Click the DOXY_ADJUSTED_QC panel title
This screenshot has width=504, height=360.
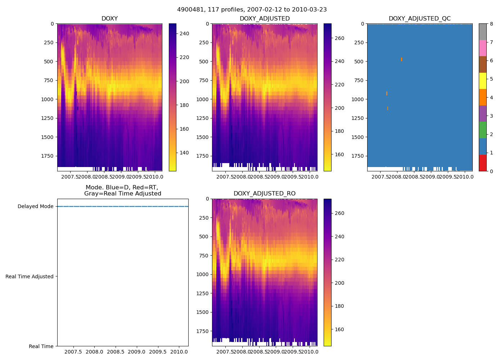tap(419, 19)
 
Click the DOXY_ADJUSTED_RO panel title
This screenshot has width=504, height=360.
tap(264, 194)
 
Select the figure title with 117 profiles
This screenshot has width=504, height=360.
tap(252, 10)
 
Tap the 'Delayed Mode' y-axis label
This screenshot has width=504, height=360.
tap(35, 207)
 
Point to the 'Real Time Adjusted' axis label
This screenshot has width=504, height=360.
tap(30, 276)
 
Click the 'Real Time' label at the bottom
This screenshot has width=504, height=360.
tap(41, 346)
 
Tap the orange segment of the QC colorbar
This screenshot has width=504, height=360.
tap(482, 97)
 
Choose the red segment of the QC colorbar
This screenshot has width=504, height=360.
tap(482, 163)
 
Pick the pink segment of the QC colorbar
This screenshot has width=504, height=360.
tap(482, 48)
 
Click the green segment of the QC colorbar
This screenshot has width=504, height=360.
tap(482, 130)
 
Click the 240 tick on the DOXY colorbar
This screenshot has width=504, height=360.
tap(184, 34)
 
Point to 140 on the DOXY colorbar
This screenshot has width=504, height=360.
tap(184, 153)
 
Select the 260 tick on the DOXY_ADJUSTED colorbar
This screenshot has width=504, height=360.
tap(339, 38)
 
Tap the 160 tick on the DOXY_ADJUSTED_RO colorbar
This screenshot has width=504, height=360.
tap(339, 329)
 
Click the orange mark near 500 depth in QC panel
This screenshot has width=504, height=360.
tap(401, 59)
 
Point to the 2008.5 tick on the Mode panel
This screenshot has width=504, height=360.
tap(116, 352)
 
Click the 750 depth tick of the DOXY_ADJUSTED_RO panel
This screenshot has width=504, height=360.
tap(204, 256)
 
